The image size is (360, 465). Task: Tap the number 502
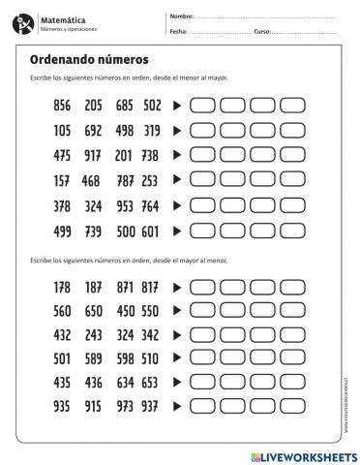[x=152, y=105]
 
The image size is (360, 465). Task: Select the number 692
[x=94, y=130]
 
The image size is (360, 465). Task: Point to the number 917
[x=94, y=155]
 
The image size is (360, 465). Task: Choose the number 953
[x=124, y=205]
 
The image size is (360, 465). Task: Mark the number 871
[x=124, y=287]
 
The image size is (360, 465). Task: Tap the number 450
[x=124, y=312]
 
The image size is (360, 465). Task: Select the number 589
[x=94, y=357]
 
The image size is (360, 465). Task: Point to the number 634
[x=124, y=383]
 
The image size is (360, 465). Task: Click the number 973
[x=124, y=407]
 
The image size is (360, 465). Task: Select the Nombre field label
[x=181, y=16]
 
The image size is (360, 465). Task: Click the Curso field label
[x=261, y=32]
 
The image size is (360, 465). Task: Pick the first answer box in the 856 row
[x=202, y=105]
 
